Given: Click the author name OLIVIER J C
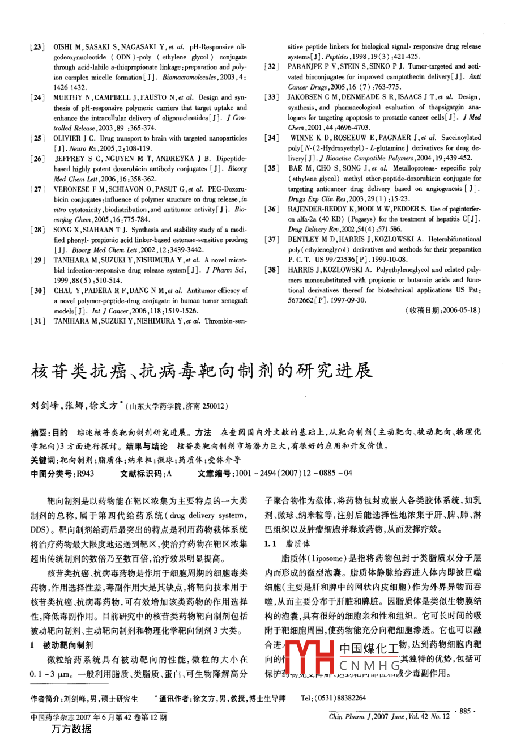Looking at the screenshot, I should (x=75, y=138).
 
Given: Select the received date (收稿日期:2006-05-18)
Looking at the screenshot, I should (x=443, y=311).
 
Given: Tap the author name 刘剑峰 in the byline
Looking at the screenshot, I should (x=45, y=406).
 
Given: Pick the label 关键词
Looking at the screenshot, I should (x=42, y=460).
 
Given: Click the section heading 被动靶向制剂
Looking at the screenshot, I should (x=68, y=645).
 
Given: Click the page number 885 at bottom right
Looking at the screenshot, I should (x=465, y=711).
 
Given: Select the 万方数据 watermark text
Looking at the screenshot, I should (x=71, y=729).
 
